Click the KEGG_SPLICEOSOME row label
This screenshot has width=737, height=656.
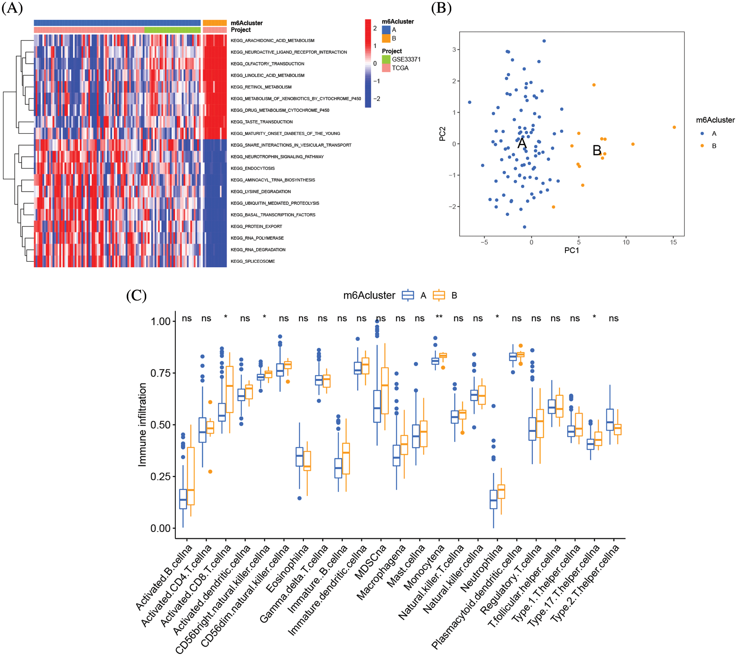[252, 261]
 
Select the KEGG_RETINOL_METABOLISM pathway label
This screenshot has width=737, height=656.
[261, 87]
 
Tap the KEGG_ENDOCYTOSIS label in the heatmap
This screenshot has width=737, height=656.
[252, 168]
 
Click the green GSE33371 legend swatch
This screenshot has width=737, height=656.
[386, 59]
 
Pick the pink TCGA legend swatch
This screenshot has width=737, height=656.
[386, 68]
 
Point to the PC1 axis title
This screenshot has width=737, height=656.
[571, 250]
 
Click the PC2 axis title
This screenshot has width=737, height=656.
[442, 134]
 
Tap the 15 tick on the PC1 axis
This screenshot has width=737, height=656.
[673, 242]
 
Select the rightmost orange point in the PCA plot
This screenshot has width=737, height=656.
[674, 127]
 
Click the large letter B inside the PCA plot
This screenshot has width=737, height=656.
[597, 150]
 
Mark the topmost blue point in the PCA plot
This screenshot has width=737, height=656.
[544, 41]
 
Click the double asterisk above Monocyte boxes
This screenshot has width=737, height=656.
[439, 317]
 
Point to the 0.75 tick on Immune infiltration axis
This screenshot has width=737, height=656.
[161, 373]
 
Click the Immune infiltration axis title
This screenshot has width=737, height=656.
[142, 424]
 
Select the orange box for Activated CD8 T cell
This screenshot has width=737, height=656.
[229, 389]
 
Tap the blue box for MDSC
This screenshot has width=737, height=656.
[377, 406]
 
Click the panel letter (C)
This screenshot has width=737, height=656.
[136, 295]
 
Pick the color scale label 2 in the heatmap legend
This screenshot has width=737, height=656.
[375, 28]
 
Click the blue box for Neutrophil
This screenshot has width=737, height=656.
[493, 499]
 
